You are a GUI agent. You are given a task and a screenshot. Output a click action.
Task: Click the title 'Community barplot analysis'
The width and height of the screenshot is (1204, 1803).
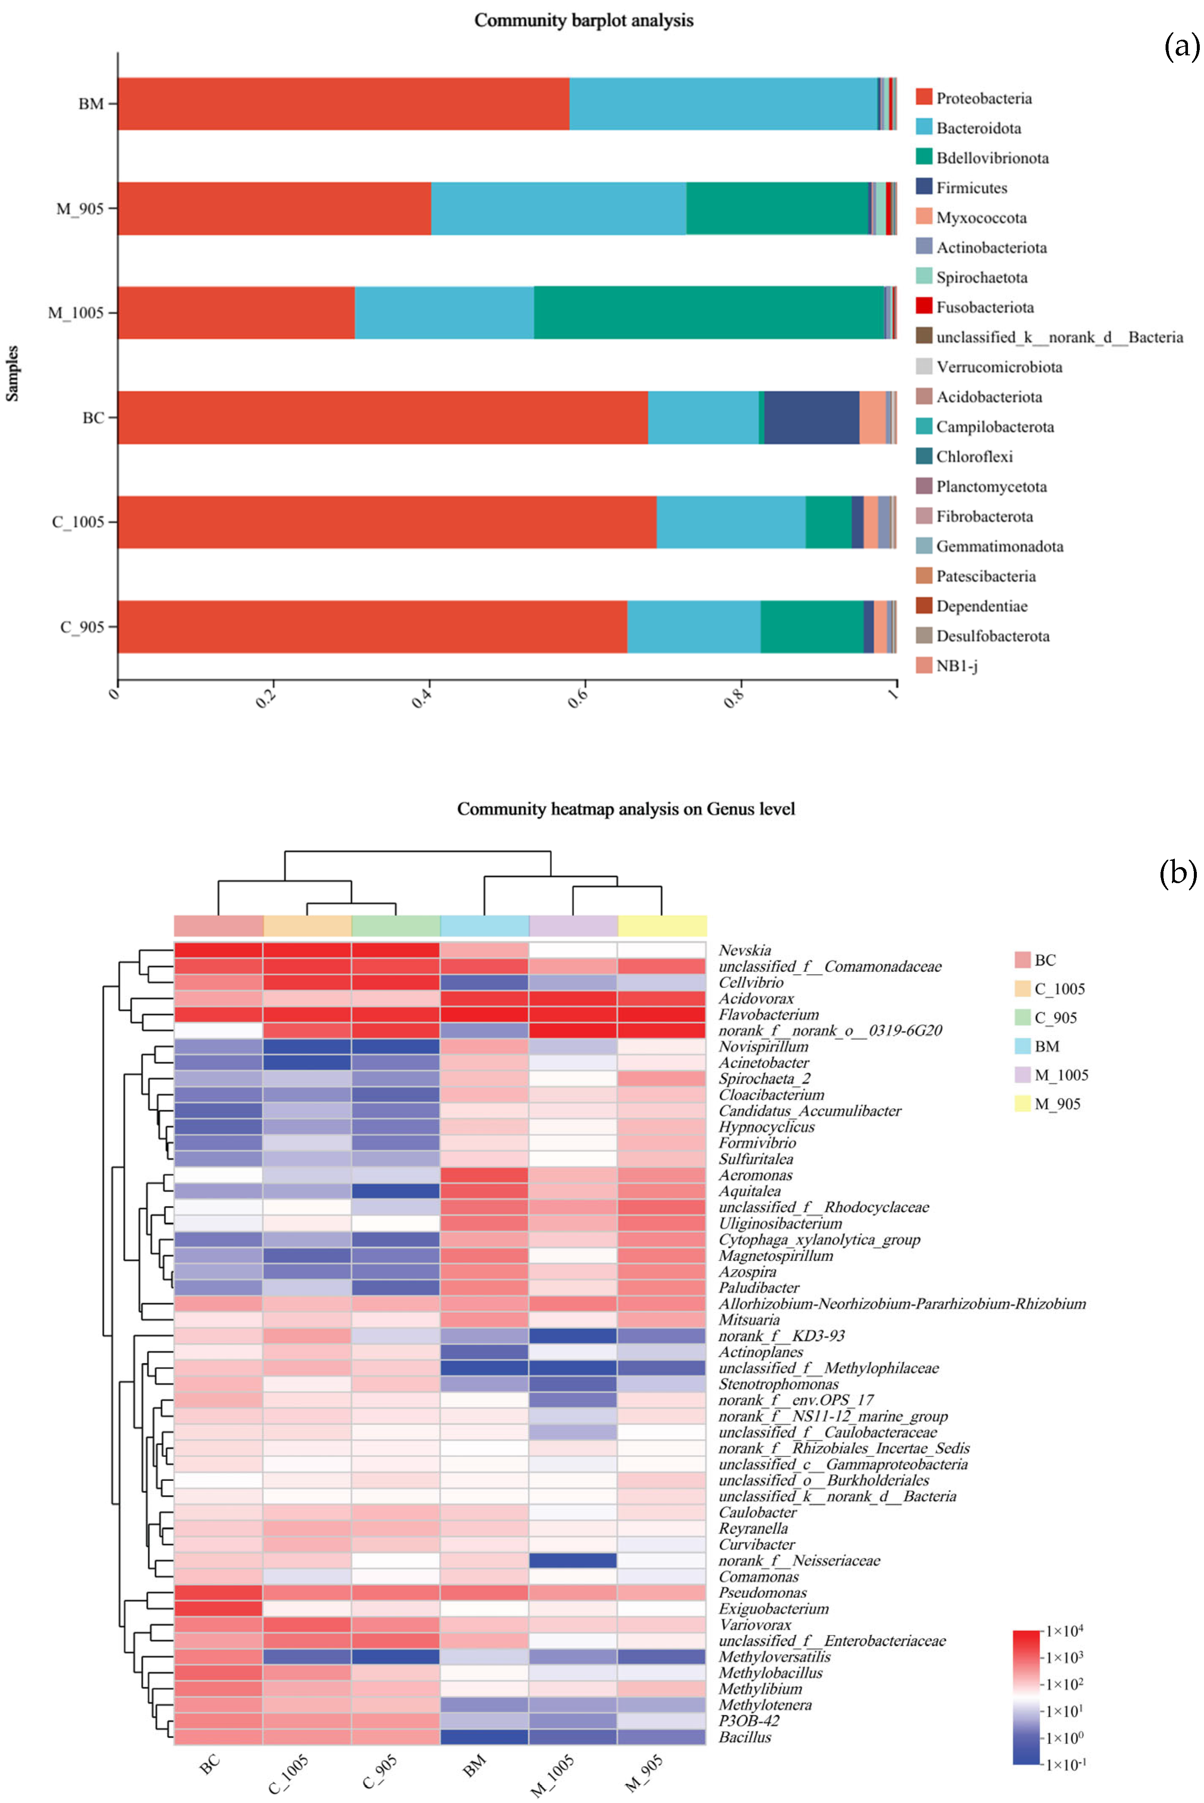point(584,21)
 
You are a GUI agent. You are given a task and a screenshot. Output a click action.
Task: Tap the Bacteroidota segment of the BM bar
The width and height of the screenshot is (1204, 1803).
point(723,103)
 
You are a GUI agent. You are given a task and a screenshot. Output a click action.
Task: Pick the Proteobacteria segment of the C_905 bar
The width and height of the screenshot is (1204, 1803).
point(372,626)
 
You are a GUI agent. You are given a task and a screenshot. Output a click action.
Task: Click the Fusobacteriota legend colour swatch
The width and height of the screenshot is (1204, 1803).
point(924,307)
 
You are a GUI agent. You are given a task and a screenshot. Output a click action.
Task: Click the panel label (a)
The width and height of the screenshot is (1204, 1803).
point(1181,48)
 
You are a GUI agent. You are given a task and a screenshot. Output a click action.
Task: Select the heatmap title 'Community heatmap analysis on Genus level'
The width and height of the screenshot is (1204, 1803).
point(626,809)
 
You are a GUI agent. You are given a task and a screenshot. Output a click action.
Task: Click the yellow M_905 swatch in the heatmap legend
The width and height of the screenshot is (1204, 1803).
point(1022,1104)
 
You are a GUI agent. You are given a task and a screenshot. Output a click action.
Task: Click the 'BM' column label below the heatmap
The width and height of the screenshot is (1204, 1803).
point(475,1765)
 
